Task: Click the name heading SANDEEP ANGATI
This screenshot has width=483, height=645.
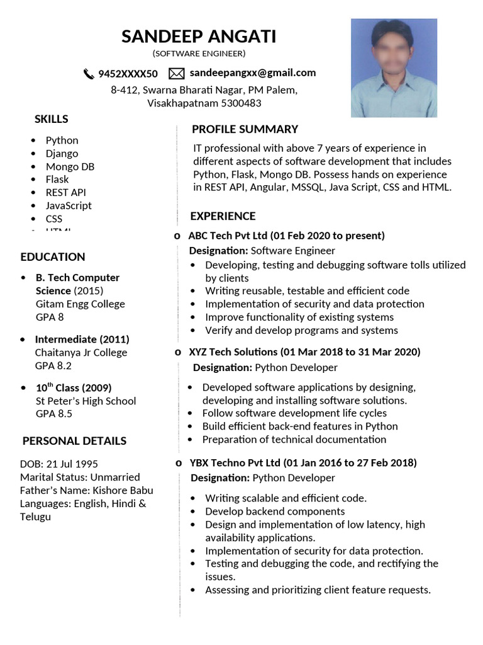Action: coord(199,37)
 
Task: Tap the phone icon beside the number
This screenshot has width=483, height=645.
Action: coord(89,74)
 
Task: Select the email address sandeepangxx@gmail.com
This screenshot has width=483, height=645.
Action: coord(253,73)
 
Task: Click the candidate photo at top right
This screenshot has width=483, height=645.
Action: coord(394,68)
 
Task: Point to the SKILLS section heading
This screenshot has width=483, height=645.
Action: coord(51,119)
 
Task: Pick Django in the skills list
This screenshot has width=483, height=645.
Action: coord(62,153)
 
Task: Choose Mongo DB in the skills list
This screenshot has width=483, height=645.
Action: coord(70,166)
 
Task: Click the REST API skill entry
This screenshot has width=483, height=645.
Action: coord(65,192)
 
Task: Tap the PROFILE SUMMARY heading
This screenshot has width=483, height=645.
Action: coord(245,129)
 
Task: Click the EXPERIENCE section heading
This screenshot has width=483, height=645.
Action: coord(223,216)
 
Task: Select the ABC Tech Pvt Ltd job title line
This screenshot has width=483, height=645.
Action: coord(286,236)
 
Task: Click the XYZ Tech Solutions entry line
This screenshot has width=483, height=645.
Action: coord(304,351)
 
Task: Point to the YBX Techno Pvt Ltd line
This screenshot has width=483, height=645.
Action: coord(303,463)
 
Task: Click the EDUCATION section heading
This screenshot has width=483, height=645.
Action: coord(52,257)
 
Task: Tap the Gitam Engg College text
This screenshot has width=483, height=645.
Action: coord(80,304)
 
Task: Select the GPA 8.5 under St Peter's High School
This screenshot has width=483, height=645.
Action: coord(53,414)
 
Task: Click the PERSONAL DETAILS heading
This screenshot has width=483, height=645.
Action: coord(74,441)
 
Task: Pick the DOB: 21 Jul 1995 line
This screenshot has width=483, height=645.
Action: coord(58,464)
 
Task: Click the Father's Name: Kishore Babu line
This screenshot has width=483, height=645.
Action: coord(86,490)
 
